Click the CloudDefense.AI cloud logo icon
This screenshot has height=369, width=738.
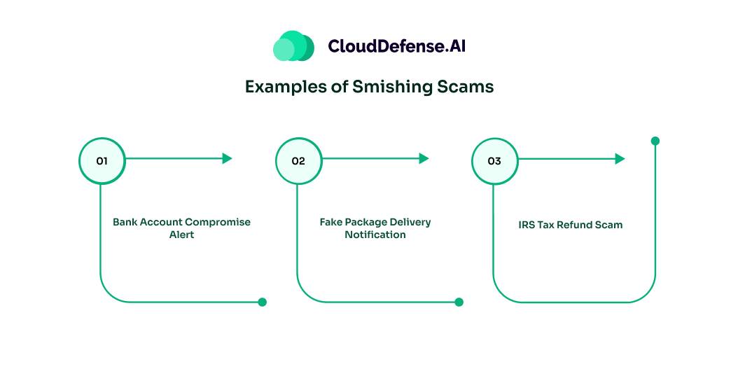coord(293,46)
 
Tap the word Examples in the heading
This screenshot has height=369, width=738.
coord(279,87)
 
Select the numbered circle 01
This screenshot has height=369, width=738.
coord(102,160)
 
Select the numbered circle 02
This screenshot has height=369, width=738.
coord(298,160)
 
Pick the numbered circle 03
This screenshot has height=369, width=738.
coord(494,160)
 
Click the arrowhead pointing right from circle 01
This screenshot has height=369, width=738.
coord(227,158)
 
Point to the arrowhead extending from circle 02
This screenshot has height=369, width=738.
coord(424,158)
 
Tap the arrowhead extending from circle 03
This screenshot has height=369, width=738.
coord(620,159)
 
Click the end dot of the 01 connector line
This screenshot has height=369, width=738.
coord(263,302)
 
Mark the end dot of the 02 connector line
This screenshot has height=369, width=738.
coord(459,302)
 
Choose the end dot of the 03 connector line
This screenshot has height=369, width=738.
coord(655,141)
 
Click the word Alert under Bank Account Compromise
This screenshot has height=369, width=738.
coord(181,235)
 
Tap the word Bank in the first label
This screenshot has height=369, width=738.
coord(125,222)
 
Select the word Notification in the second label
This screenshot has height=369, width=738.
coord(375,235)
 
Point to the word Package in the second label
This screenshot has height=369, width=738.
coord(369,222)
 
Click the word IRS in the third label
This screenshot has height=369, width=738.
coord(527,225)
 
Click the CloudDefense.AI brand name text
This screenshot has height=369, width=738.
coord(396,47)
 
